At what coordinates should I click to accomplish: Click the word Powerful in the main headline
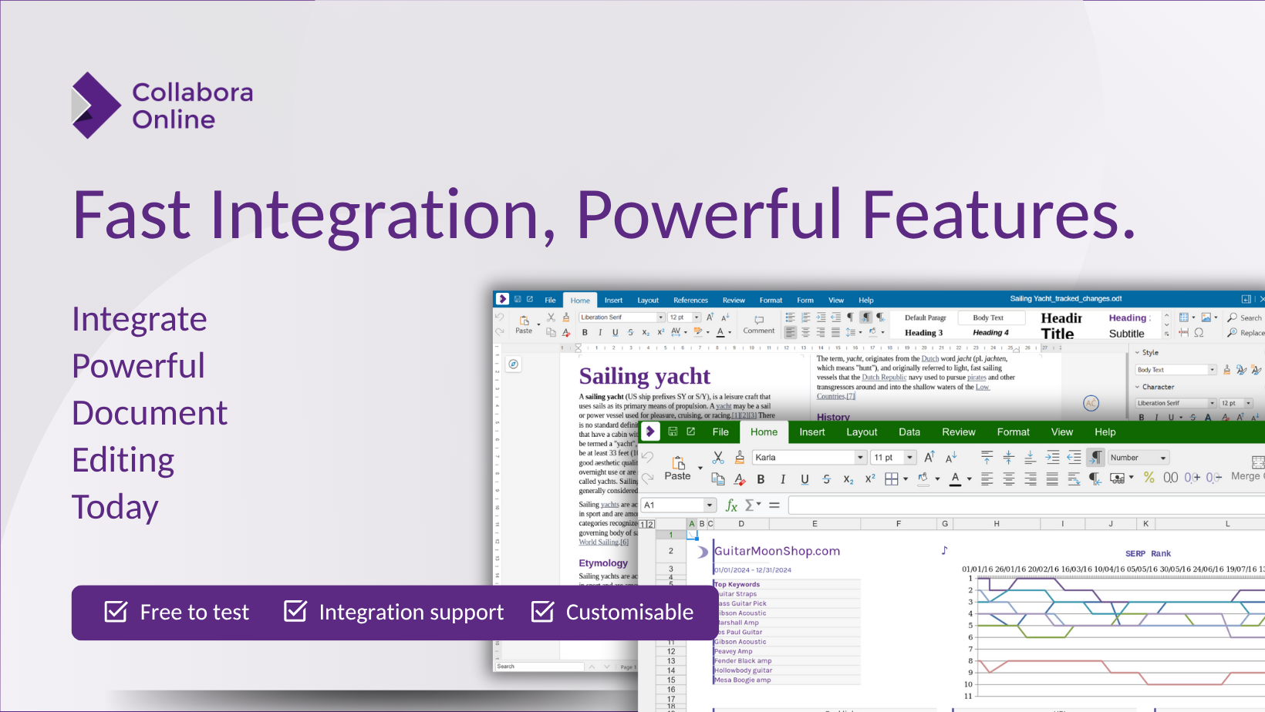click(x=708, y=215)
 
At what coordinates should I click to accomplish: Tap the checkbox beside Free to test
click(x=116, y=612)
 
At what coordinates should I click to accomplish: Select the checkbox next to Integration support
click(x=295, y=611)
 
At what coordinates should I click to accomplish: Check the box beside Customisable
click(x=542, y=612)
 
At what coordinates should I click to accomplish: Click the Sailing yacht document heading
click(x=644, y=376)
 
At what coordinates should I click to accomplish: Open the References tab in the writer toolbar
click(x=690, y=301)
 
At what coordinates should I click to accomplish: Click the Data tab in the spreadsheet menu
click(x=909, y=432)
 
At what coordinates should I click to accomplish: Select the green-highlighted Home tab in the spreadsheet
click(x=764, y=432)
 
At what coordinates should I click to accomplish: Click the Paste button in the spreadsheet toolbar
click(x=677, y=468)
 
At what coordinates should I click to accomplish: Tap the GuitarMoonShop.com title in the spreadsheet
click(x=777, y=551)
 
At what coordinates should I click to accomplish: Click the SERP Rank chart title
click(x=1148, y=553)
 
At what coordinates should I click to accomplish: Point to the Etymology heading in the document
click(x=603, y=563)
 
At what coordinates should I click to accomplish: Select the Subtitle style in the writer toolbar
click(x=1126, y=334)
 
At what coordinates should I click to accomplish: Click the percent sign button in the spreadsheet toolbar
click(x=1149, y=478)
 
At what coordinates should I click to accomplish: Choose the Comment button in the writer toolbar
click(x=759, y=324)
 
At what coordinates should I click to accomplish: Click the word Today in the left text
click(x=115, y=507)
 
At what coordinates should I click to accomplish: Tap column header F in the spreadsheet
click(x=899, y=524)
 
